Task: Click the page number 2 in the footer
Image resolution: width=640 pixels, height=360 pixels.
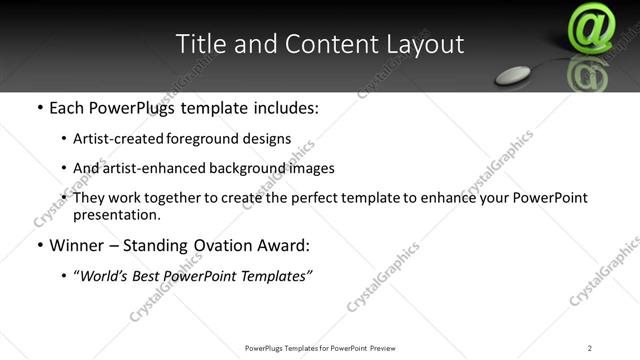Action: [x=589, y=348]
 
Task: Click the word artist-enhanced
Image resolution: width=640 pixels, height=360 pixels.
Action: [x=153, y=169]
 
